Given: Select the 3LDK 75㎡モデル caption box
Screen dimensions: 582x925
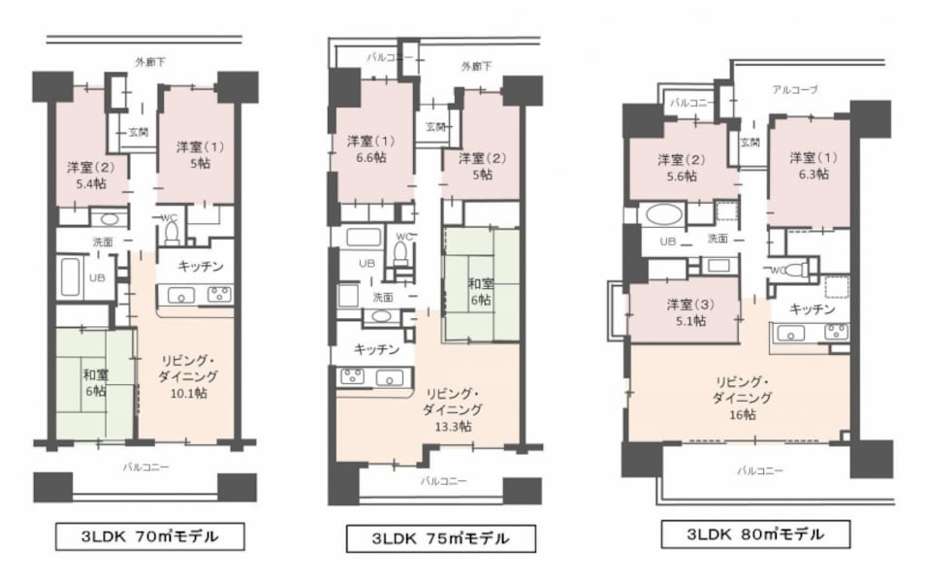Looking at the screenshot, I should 440,538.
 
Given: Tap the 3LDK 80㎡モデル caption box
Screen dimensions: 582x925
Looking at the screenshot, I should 755,533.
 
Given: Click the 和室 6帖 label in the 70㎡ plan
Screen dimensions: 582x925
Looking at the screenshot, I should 94,382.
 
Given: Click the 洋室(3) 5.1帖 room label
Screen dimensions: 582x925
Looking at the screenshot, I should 686,312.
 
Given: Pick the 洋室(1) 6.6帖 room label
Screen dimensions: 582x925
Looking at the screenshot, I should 372,149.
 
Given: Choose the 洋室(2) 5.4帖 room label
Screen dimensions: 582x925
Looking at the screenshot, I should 80,174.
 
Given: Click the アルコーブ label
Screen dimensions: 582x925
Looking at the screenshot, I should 795,89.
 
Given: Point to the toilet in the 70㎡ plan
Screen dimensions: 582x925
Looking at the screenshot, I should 173,233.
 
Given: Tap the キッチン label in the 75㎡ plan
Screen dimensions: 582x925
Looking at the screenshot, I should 378,349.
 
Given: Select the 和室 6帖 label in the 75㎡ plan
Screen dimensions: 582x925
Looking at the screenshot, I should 479,292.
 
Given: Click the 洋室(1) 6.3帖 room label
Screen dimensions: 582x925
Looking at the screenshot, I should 808,166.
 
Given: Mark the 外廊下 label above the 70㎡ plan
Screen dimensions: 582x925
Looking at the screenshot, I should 149,62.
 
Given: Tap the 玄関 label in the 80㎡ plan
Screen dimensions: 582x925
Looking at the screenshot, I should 750,142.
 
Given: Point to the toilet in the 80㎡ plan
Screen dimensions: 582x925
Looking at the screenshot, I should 797,270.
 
